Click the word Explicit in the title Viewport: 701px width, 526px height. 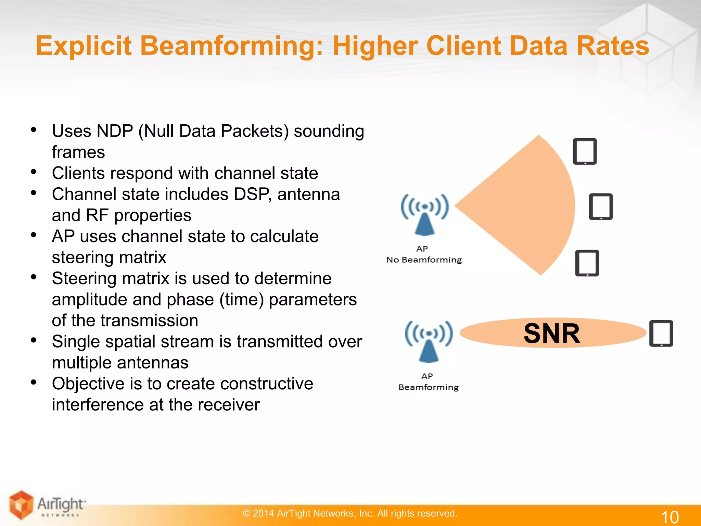[84, 46]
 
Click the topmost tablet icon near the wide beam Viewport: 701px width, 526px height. [585, 151]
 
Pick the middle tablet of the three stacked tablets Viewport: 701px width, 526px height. [601, 207]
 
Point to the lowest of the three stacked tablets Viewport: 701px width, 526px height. [587, 263]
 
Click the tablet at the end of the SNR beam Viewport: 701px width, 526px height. [661, 334]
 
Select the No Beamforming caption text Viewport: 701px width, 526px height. [424, 260]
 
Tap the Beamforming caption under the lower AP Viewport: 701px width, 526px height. [429, 387]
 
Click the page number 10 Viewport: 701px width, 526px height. [670, 517]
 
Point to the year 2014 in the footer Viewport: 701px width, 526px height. [263, 513]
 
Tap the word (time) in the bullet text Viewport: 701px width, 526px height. [242, 300]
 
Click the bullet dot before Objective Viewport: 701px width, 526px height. [34, 382]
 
